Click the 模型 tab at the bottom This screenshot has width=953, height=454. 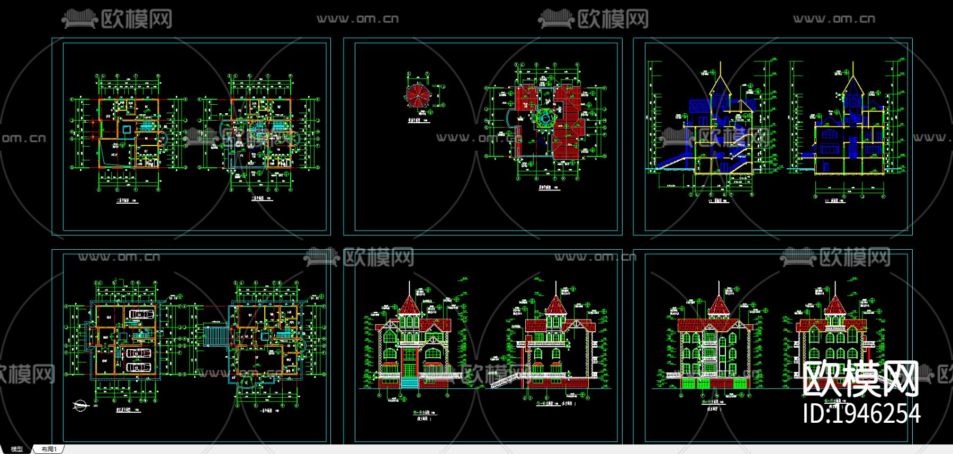click(16, 449)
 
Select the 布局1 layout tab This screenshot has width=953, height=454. click(49, 449)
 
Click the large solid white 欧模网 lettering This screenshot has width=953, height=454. click(860, 379)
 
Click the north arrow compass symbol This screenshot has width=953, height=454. click(81, 406)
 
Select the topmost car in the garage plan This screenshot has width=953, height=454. click(141, 314)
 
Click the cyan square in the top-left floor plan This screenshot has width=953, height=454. click(126, 129)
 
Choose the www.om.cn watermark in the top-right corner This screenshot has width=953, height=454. click(834, 19)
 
